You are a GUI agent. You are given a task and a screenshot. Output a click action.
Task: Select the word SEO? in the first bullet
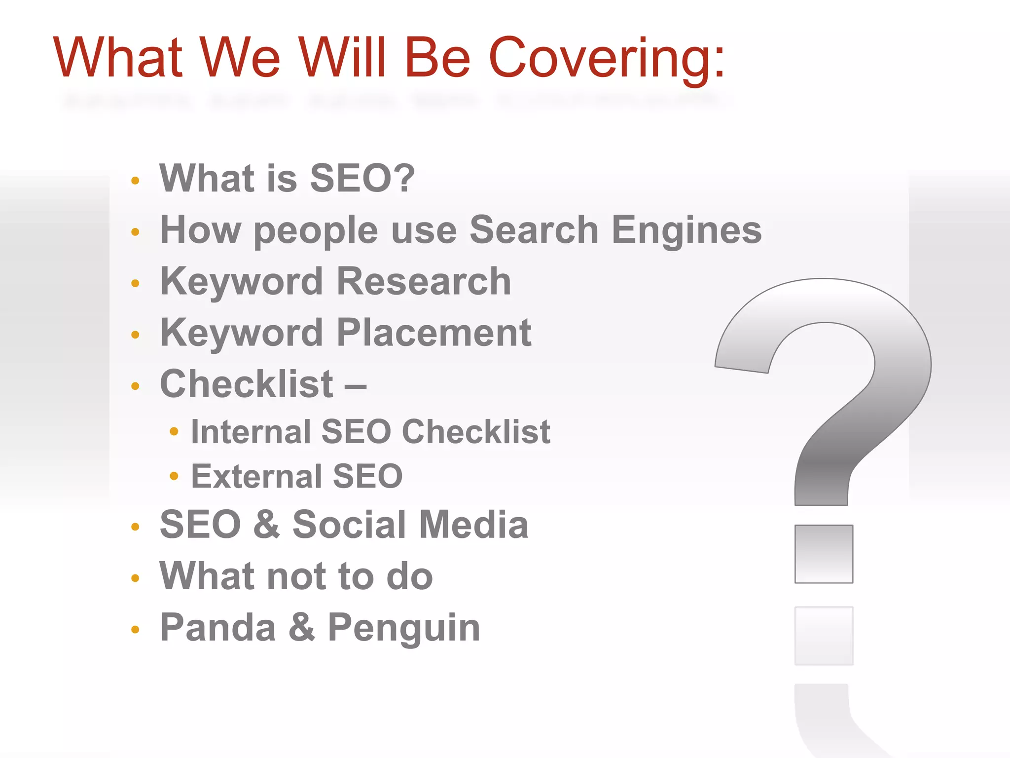[362, 178]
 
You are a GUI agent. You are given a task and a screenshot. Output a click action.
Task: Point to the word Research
[424, 281]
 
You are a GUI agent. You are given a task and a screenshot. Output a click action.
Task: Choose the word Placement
[433, 333]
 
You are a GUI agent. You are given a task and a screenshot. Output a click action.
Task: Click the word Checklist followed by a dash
[247, 384]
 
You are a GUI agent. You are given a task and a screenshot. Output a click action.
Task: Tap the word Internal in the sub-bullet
[251, 432]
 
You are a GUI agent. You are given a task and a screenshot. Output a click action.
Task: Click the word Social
[350, 525]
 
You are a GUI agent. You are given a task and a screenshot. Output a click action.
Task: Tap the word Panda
[217, 627]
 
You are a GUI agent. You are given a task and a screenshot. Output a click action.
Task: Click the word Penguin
[404, 628]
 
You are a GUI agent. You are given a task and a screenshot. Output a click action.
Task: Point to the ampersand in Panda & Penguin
[301, 627]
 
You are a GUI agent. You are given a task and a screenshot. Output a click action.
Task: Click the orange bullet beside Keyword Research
[136, 283]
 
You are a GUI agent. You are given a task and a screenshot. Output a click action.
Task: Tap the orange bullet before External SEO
[174, 476]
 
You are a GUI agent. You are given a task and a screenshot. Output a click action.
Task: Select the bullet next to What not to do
[136, 578]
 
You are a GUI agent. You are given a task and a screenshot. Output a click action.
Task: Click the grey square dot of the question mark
[823, 554]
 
